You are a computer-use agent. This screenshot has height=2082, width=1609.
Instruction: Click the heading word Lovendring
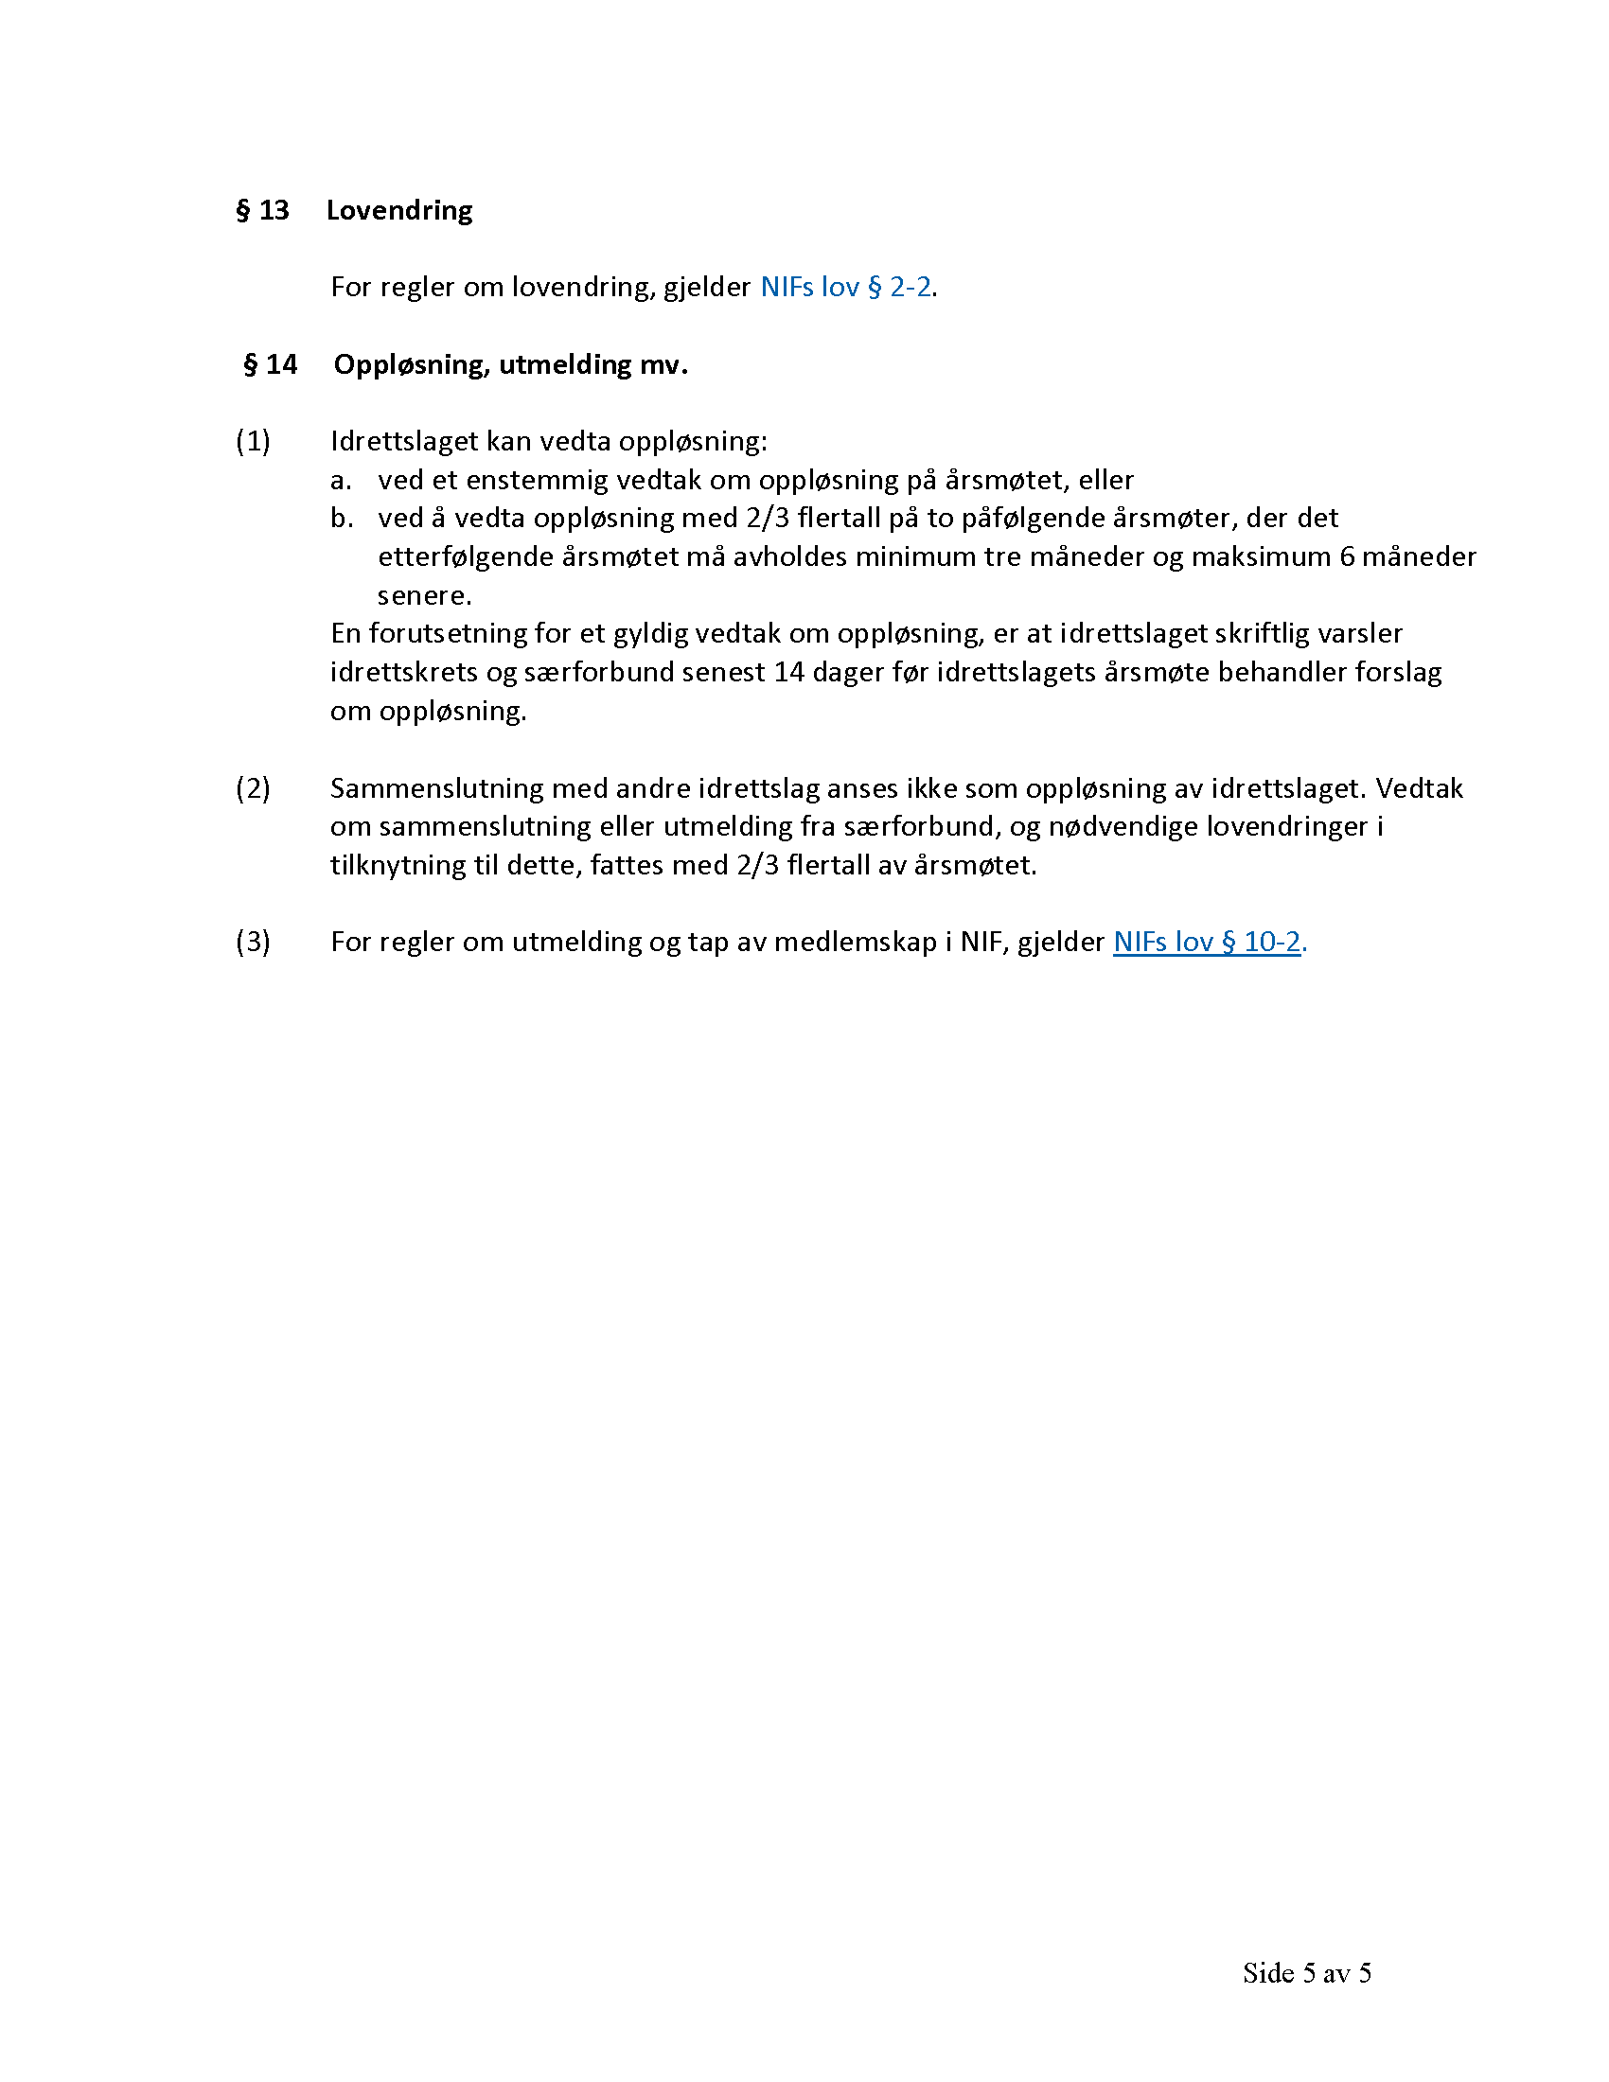pyautogui.click(x=398, y=210)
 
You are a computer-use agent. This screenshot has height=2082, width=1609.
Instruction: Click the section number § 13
pyautogui.click(x=262, y=210)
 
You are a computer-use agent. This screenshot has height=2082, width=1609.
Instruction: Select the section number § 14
pyautogui.click(x=271, y=364)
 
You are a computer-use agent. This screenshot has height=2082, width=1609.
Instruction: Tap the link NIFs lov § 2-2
pyautogui.click(x=844, y=287)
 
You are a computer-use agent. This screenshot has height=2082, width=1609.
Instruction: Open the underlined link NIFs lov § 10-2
pyautogui.click(x=1206, y=942)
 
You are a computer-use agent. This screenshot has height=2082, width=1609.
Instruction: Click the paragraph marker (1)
pyautogui.click(x=253, y=441)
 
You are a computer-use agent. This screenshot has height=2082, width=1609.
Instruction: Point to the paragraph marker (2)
pyautogui.click(x=253, y=788)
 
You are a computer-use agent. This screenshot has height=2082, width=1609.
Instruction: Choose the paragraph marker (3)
pyautogui.click(x=253, y=942)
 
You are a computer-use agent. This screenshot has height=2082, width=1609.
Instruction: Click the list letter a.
pyautogui.click(x=341, y=481)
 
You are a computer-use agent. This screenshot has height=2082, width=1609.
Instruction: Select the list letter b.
pyautogui.click(x=342, y=519)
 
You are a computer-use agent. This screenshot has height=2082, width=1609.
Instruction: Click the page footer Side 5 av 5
pyautogui.click(x=1307, y=1973)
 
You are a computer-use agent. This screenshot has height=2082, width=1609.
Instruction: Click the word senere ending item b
pyautogui.click(x=423, y=596)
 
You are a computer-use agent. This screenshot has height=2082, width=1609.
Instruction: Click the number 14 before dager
pyautogui.click(x=788, y=672)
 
